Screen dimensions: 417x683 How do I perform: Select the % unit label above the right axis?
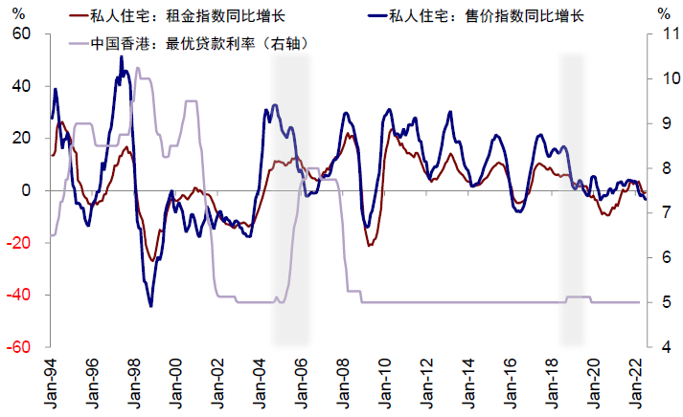pyautogui.click(x=665, y=14)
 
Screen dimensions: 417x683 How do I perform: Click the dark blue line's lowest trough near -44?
pyautogui.click(x=151, y=306)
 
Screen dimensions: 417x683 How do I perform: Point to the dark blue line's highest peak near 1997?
pyautogui.click(x=121, y=56)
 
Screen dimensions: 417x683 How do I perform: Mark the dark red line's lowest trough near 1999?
pyautogui.click(x=151, y=260)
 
